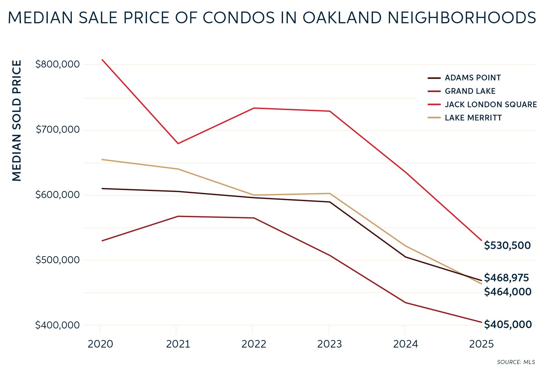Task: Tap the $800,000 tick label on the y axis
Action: point(58,64)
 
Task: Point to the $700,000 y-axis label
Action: point(58,130)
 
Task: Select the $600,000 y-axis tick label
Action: point(58,195)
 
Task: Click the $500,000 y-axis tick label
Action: point(58,260)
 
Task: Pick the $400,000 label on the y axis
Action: point(58,325)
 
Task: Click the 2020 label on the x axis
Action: point(100,344)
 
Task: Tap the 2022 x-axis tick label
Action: point(254,344)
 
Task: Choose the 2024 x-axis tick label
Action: point(405,344)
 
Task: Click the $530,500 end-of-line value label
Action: point(507,245)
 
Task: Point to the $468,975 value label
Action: point(506,278)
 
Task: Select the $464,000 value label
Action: point(507,292)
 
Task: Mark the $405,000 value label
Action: point(508,324)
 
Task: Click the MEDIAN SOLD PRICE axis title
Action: point(17,121)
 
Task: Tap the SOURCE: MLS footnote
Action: point(516,362)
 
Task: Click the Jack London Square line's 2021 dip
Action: point(178,143)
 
